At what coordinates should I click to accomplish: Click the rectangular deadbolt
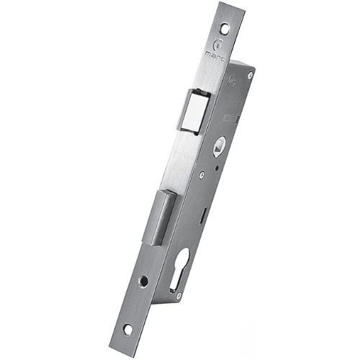tap(162, 216)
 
